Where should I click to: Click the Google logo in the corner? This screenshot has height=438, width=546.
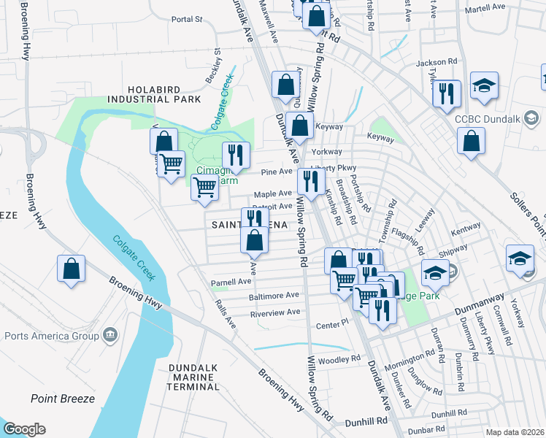(x=24, y=429)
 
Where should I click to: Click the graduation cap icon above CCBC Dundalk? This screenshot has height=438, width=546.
(x=484, y=85)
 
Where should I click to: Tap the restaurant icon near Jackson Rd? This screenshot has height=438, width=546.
(x=446, y=93)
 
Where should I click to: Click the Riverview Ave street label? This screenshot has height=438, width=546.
(x=275, y=312)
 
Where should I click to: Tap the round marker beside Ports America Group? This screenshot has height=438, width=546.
(x=109, y=335)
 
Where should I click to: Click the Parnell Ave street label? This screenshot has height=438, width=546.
(x=231, y=282)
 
